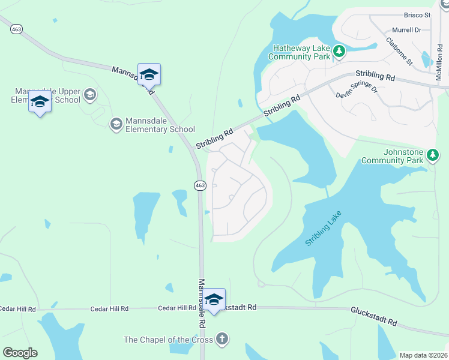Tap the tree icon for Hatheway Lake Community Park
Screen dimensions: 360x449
tap(339, 52)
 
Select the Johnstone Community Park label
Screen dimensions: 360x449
tap(393, 156)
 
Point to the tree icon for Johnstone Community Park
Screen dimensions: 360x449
tap(432, 156)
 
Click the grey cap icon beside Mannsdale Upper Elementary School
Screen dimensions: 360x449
tap(90, 94)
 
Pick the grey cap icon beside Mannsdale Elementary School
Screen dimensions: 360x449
tap(116, 124)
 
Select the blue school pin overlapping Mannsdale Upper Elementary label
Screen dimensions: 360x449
tap(40, 102)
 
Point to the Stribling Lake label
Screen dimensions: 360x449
tap(323, 228)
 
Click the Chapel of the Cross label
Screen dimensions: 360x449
tap(168, 340)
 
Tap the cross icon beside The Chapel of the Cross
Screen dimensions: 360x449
tap(222, 339)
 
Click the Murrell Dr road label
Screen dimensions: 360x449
tap(407, 29)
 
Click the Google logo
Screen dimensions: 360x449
tap(20, 353)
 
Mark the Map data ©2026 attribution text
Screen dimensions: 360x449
tap(424, 355)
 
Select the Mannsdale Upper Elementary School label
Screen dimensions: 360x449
tap(53, 95)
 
